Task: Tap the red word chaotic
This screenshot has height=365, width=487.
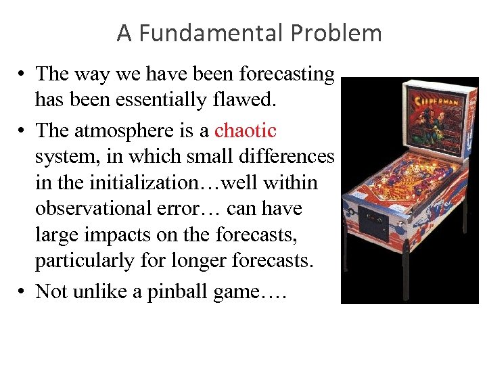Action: click(x=246, y=130)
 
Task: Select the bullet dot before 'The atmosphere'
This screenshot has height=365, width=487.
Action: click(x=22, y=130)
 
